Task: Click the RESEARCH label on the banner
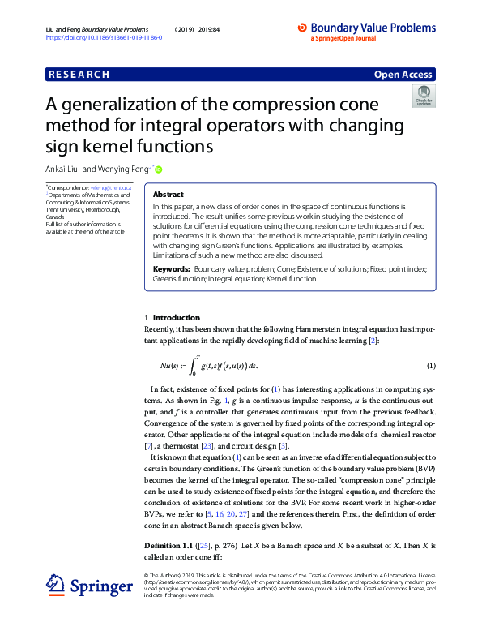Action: (79, 75)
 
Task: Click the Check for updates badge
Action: (423, 97)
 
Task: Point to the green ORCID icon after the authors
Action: (159, 170)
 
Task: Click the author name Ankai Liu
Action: (63, 170)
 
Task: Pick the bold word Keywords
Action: (172, 268)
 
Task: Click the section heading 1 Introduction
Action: (171, 317)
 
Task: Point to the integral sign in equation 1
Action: (193, 366)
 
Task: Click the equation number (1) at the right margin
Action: (431, 366)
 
